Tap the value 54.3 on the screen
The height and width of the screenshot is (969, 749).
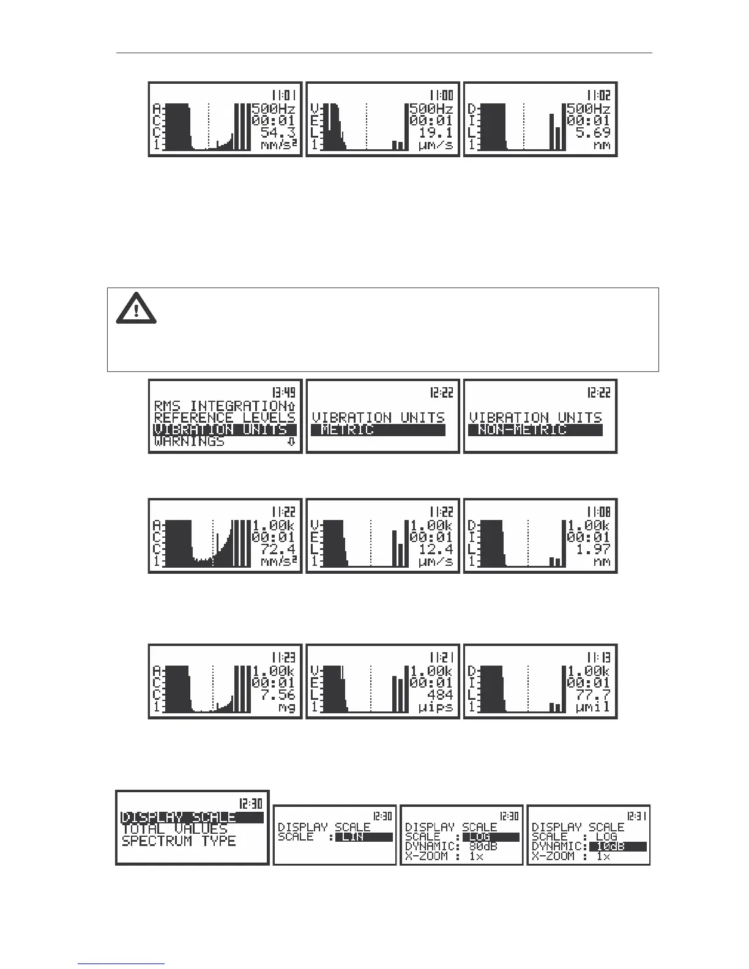click(278, 133)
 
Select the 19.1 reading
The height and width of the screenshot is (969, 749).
click(436, 133)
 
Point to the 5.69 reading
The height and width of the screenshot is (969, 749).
click(594, 133)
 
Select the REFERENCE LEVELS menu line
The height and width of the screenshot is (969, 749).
click(225, 418)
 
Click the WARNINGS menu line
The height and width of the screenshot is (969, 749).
click(190, 442)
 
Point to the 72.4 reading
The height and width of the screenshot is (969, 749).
click(278, 549)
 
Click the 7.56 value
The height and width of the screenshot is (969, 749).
click(278, 695)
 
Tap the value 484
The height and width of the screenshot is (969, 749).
click(441, 695)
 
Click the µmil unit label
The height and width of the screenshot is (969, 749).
click(593, 707)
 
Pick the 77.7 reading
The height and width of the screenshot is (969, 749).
click(593, 695)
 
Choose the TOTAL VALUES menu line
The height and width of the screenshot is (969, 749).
click(174, 830)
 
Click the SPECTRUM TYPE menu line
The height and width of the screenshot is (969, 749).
click(179, 841)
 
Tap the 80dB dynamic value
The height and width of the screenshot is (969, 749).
click(483, 847)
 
